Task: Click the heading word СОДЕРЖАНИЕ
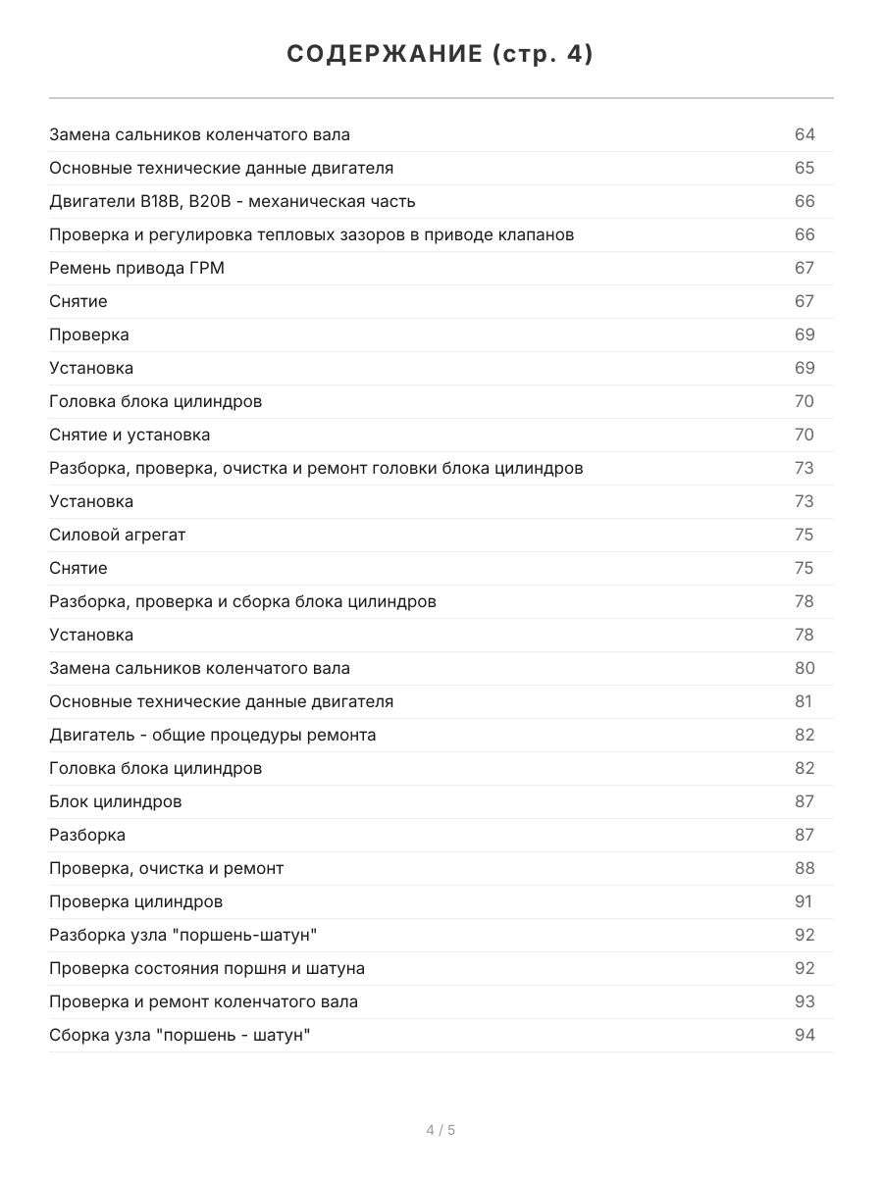(384, 55)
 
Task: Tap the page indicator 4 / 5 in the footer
(441, 1130)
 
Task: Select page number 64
(805, 134)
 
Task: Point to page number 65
(805, 168)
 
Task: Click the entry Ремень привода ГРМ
(136, 268)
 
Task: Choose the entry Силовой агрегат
(117, 535)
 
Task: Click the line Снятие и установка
(130, 435)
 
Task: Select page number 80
(805, 668)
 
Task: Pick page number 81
(804, 701)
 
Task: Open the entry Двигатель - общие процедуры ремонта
(212, 735)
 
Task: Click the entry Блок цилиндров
(115, 801)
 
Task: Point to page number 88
(805, 868)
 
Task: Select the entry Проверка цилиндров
(135, 901)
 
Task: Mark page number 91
(804, 901)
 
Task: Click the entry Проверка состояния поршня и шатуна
(206, 968)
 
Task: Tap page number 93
(805, 1001)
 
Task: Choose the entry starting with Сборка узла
(180, 1035)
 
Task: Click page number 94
(805, 1035)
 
